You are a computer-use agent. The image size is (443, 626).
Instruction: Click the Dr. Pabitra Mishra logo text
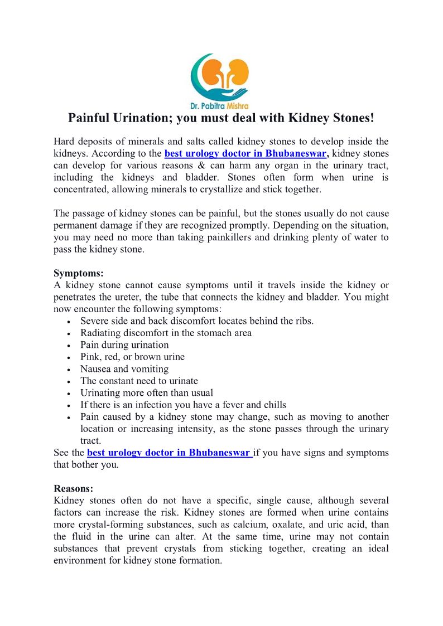click(x=220, y=104)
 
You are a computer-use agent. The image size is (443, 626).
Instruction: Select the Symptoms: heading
click(x=78, y=273)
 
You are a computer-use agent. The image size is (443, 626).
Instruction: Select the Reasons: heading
click(x=76, y=489)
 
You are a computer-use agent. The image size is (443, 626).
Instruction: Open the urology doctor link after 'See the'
click(x=169, y=453)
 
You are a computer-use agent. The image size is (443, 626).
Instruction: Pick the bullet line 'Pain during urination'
click(x=124, y=345)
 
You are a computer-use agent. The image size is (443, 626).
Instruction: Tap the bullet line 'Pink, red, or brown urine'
click(x=132, y=357)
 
